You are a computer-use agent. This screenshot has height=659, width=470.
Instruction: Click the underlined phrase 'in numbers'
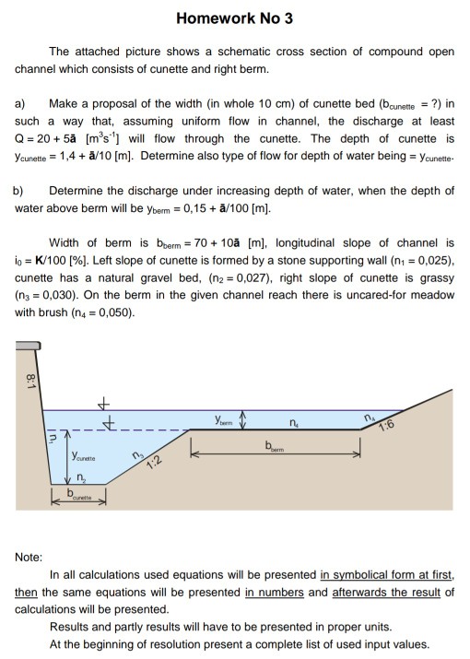[273, 591]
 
